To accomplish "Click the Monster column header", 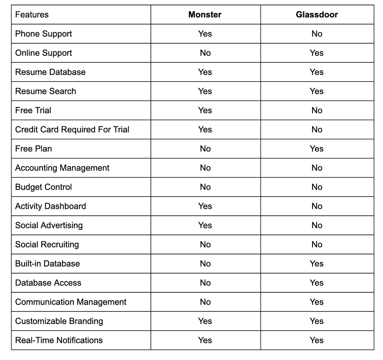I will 205,15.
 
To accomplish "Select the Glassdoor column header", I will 317,15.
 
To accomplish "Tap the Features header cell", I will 32,15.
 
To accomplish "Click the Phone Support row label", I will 43,34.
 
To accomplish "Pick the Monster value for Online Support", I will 205,53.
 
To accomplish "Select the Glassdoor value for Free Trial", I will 317,111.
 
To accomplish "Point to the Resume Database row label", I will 50,72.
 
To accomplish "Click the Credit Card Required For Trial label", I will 72,130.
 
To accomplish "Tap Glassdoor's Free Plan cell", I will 317,149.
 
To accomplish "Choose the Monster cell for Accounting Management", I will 205,168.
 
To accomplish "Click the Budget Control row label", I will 43,187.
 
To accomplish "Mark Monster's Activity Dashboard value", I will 205,206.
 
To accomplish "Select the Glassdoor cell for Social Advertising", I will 317,225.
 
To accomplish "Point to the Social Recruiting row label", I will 47,244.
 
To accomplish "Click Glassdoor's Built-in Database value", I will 317,264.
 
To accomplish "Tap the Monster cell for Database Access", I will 205,283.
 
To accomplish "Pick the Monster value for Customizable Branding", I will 205,321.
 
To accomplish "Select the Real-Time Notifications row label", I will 59,340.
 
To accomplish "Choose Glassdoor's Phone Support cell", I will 317,34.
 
